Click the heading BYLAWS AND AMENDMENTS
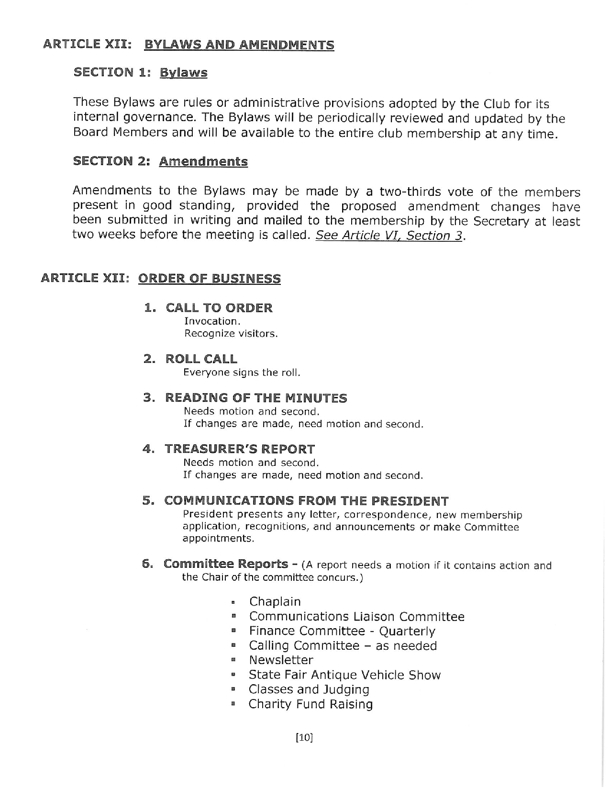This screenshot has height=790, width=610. click(239, 45)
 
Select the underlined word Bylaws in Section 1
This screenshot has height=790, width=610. click(183, 73)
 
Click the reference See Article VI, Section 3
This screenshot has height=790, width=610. click(389, 236)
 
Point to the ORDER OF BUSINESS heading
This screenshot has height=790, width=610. click(209, 279)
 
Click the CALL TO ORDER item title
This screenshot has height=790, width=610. click(219, 308)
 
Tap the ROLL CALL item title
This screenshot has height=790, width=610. click(201, 359)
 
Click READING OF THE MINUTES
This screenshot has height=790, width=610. click(256, 398)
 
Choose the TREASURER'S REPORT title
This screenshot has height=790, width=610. click(240, 449)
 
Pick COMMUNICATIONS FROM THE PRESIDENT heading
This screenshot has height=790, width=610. click(306, 501)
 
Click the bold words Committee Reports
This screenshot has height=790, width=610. click(226, 564)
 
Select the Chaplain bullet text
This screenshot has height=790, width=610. click(275, 602)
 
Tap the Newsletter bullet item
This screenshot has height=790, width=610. click(281, 660)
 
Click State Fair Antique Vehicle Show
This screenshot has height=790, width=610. click(344, 675)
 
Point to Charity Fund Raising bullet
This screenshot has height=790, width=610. click(311, 704)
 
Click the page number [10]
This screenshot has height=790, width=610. click(304, 738)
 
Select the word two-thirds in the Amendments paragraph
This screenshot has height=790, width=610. click(410, 192)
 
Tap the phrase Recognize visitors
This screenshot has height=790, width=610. click(231, 334)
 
